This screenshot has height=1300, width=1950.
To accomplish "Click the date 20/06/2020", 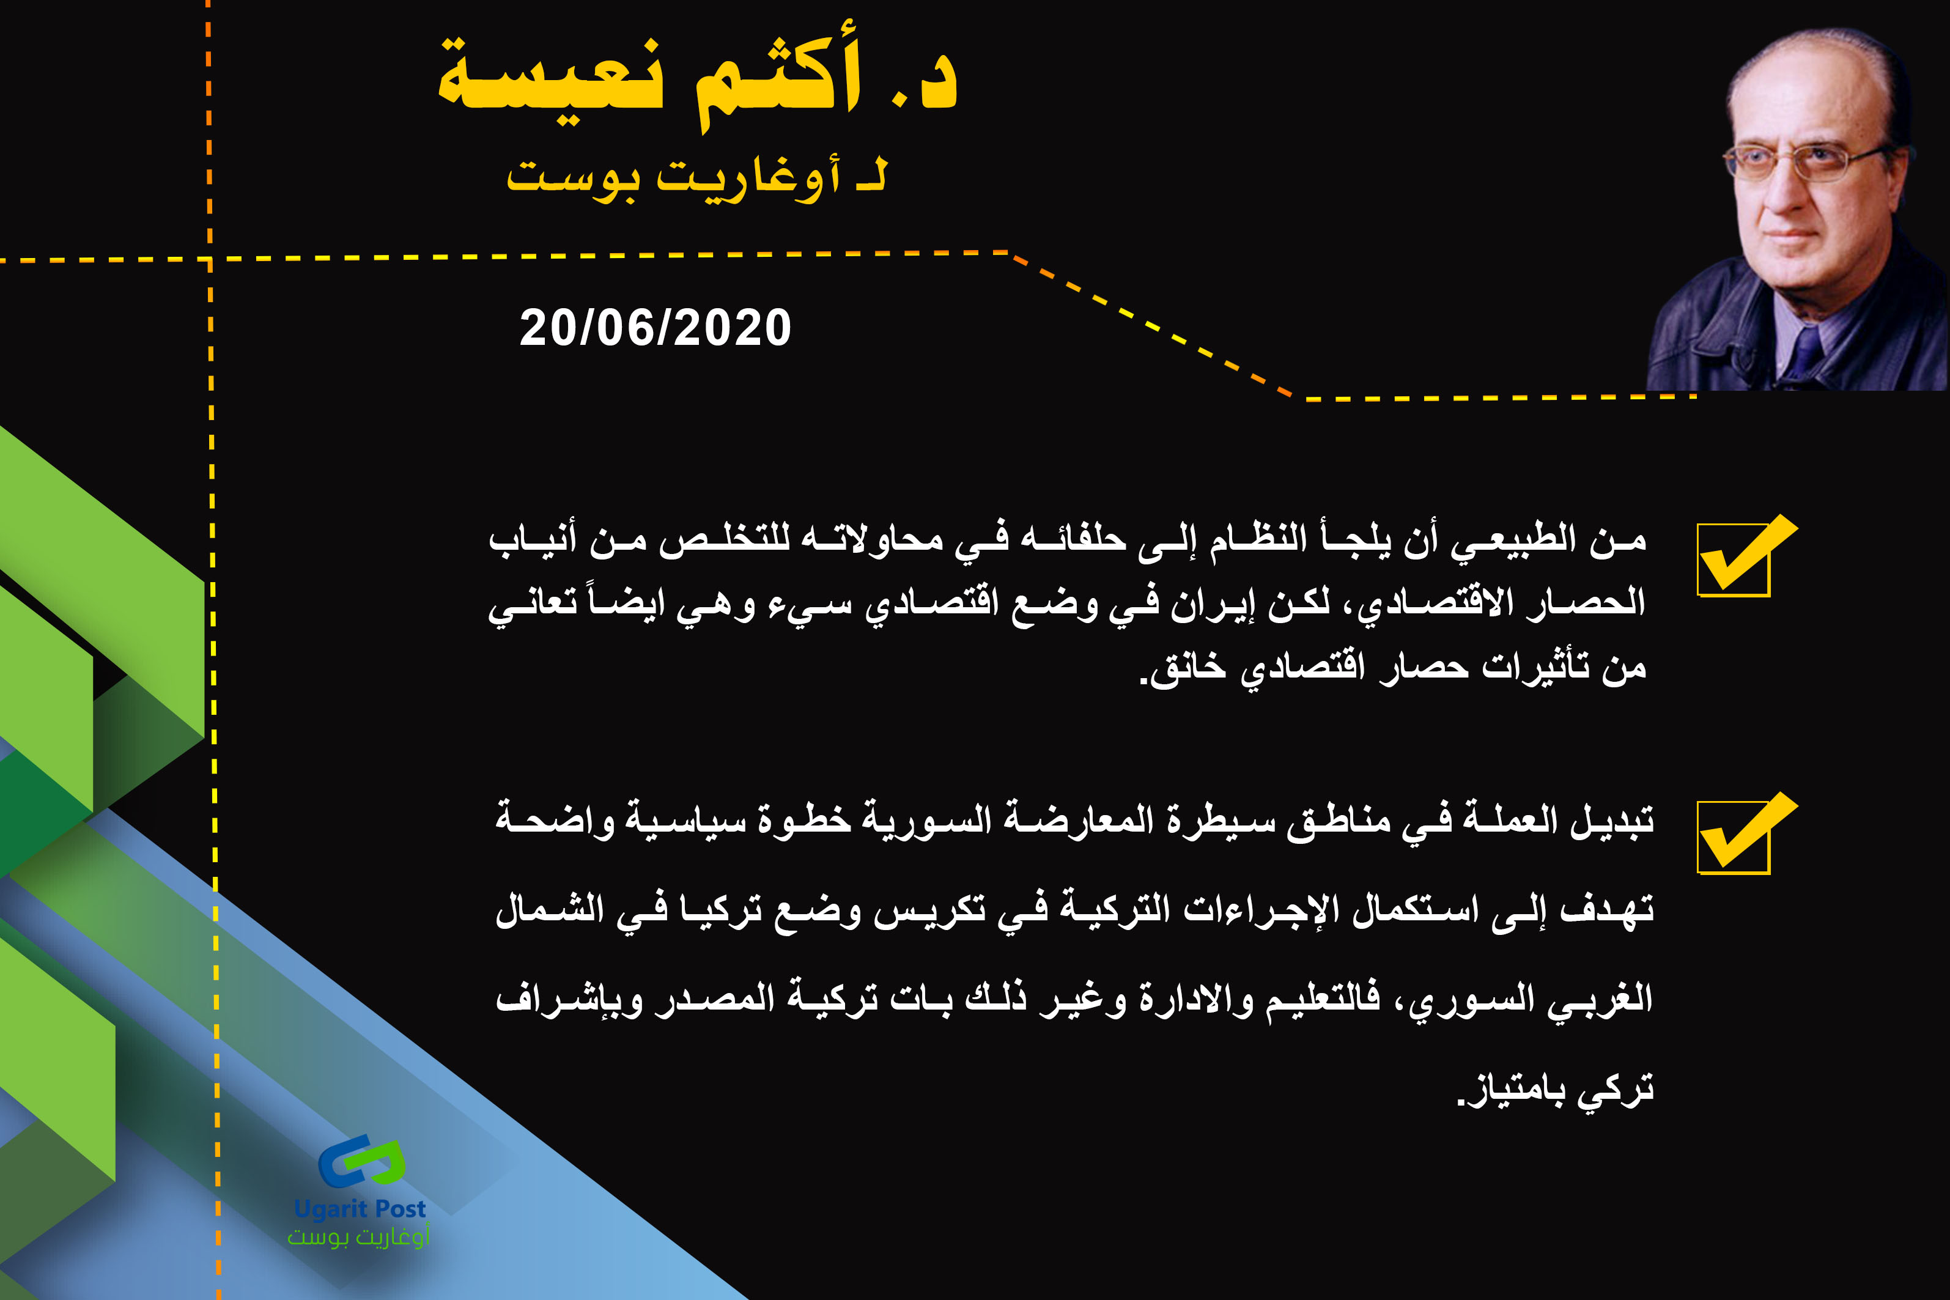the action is click(x=655, y=328).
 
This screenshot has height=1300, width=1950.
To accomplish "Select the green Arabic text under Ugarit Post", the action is click(x=358, y=1237).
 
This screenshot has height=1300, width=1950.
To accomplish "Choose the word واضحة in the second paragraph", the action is click(x=555, y=818).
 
